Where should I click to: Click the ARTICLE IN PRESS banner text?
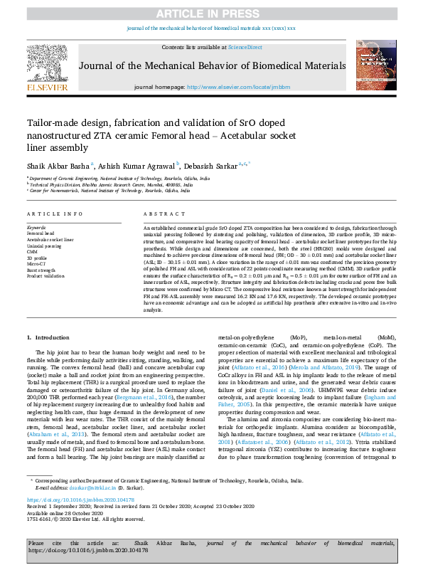(x=211, y=14)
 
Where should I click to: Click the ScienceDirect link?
(x=245, y=47)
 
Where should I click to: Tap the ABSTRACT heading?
(x=159, y=213)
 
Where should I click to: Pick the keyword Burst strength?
(x=41, y=270)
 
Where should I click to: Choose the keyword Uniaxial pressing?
(x=44, y=245)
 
